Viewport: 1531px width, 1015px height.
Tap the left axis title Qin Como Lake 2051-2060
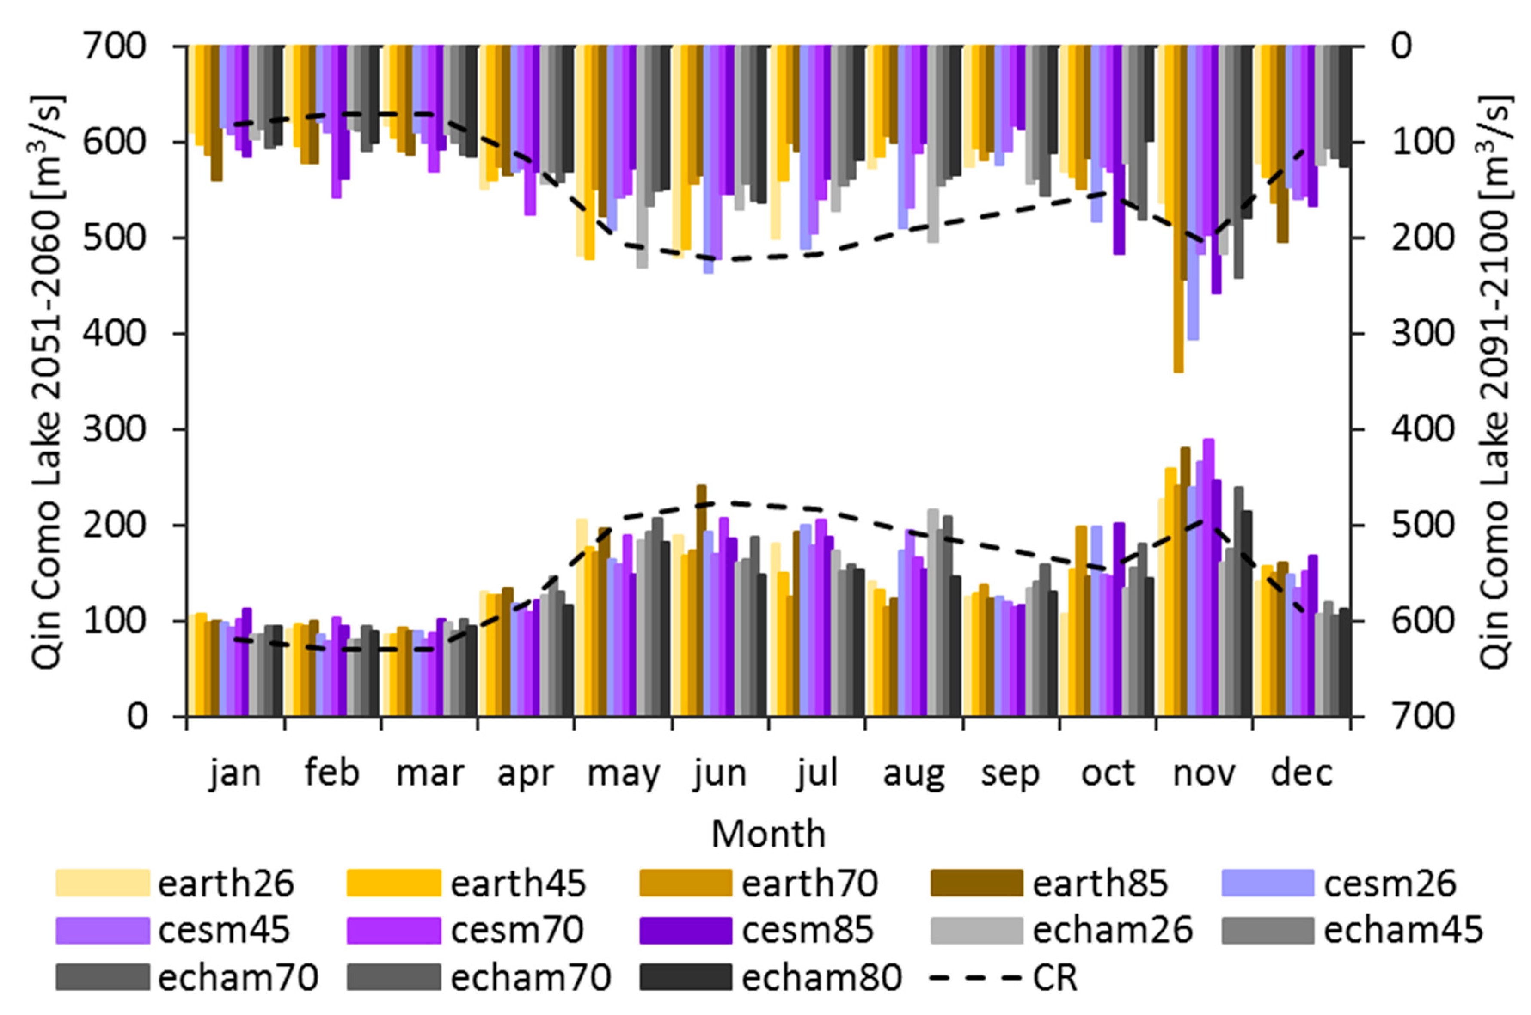(x=49, y=382)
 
